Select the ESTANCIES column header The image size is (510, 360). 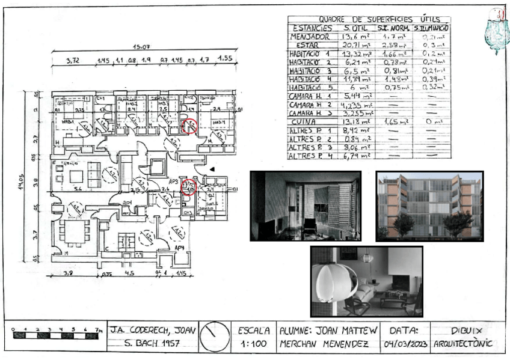[x=312, y=28]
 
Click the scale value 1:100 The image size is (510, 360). [x=254, y=345]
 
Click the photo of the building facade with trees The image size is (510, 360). [x=429, y=206]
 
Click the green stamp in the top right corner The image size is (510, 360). [x=497, y=30]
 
